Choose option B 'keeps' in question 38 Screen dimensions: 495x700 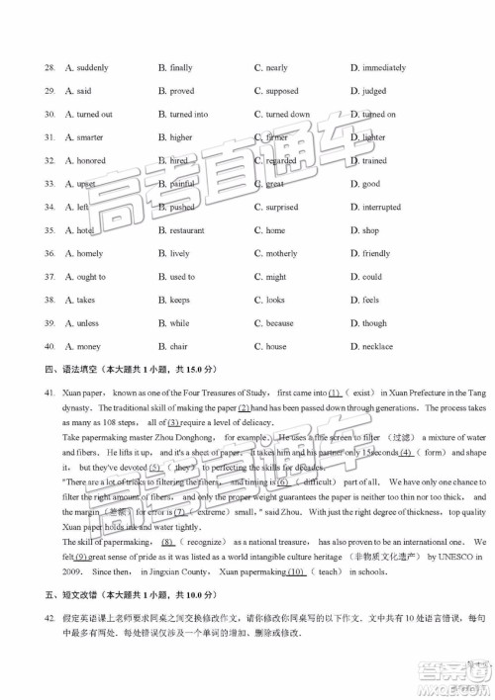[173, 300]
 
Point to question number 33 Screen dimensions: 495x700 [49, 184]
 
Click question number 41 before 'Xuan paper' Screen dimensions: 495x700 [49, 394]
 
